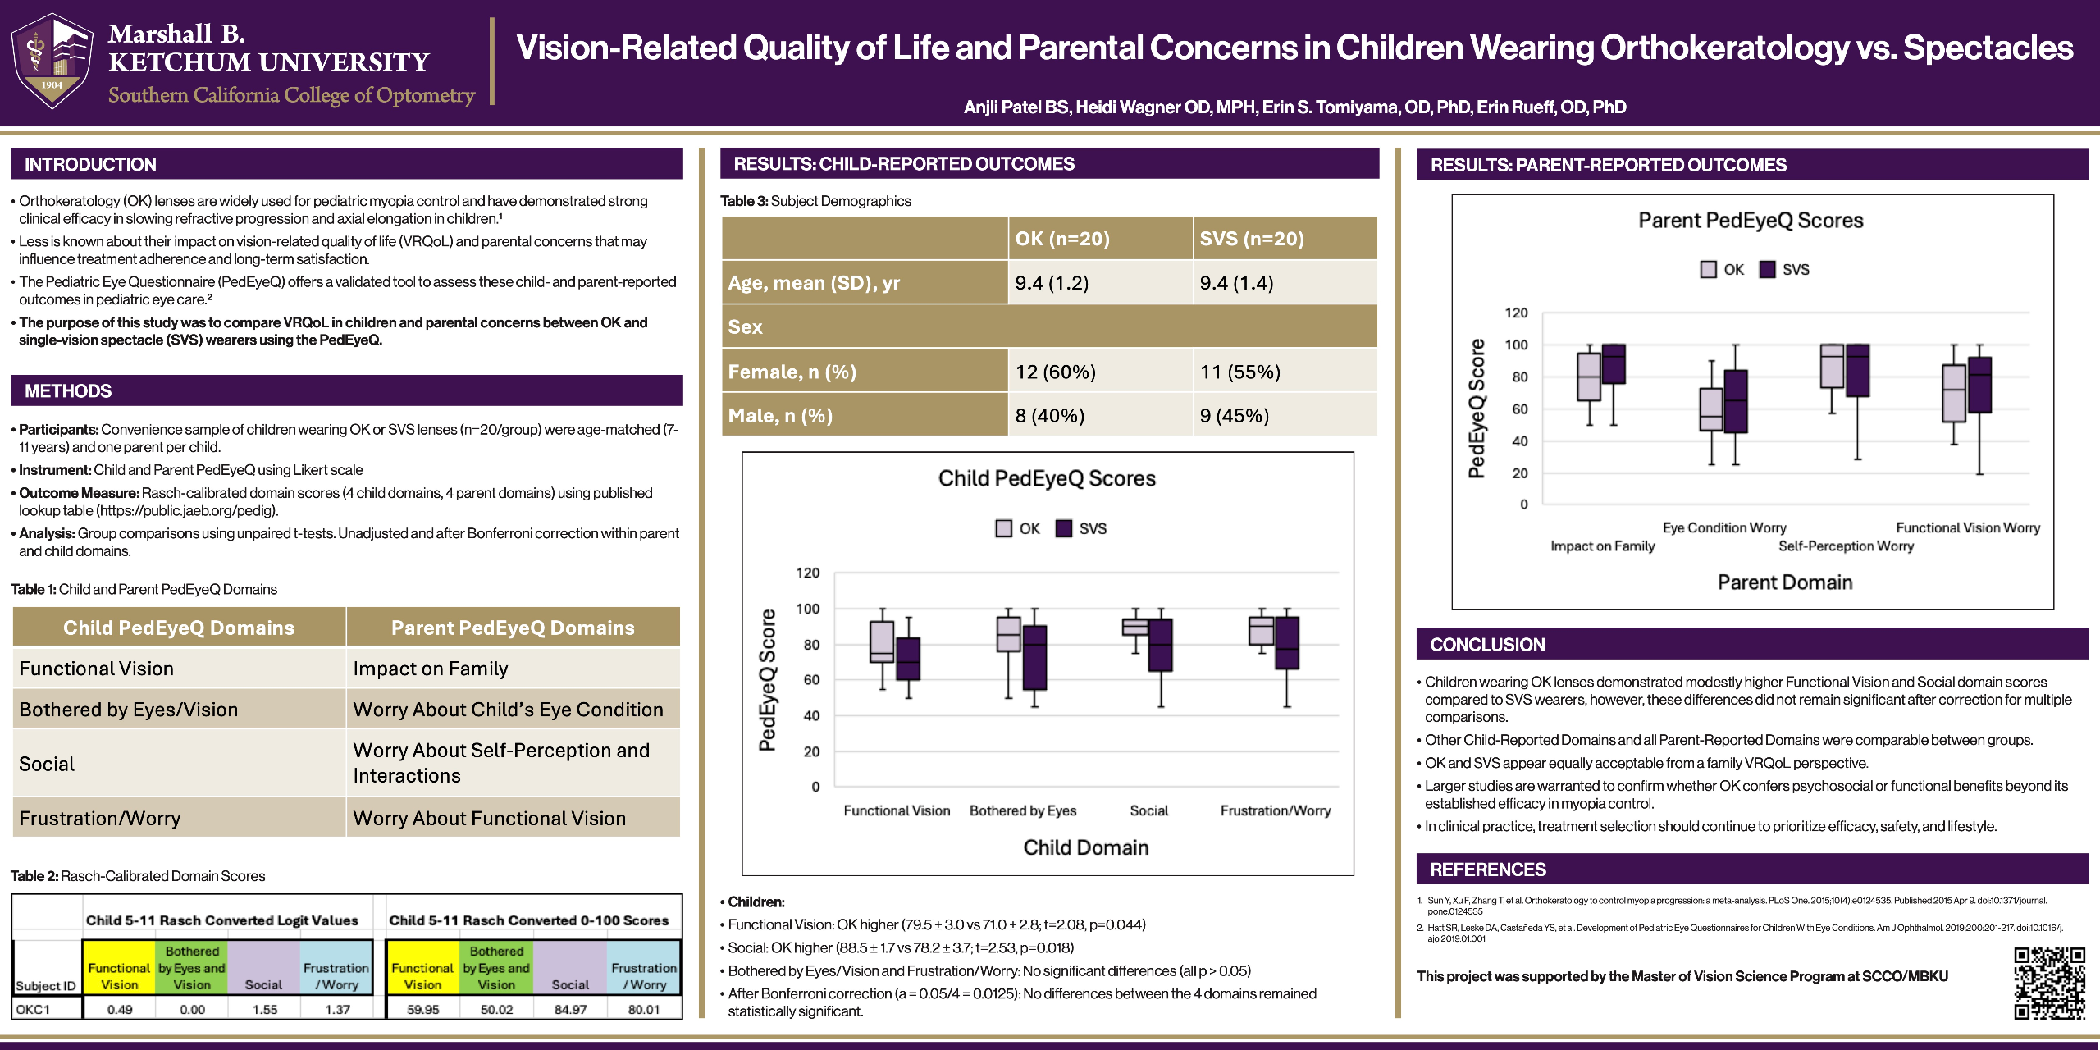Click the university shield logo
coord(52,62)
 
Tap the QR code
coord(2049,983)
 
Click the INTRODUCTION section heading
coord(90,164)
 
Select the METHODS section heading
coord(68,391)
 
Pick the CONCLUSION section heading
coord(1487,645)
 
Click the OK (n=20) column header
coord(1062,239)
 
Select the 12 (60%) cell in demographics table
coord(1056,372)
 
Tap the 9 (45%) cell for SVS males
coord(1235,416)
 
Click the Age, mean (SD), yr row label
coord(814,283)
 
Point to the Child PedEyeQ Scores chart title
coord(1047,478)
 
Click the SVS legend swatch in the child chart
coord(1064,528)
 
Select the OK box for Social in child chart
coord(1135,628)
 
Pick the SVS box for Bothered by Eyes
coord(1035,658)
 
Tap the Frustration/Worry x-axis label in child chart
coord(1276,810)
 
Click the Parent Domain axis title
coord(1785,582)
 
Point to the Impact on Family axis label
coord(1602,546)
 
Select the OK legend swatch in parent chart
coord(1709,269)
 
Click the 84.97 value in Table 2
coord(570,1009)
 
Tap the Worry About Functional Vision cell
coord(489,818)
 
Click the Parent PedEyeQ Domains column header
coord(513,628)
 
